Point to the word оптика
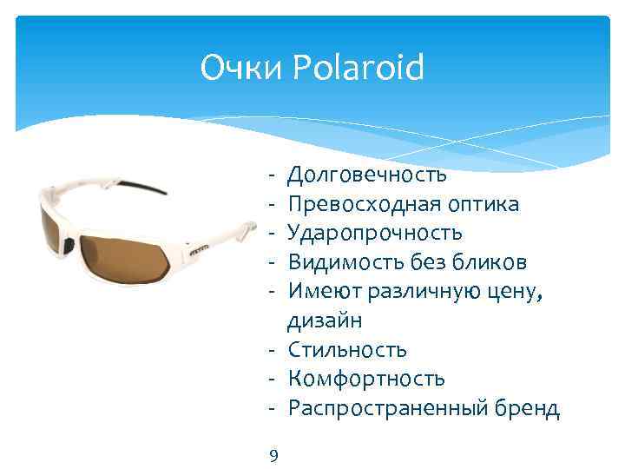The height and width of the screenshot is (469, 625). pos(481,204)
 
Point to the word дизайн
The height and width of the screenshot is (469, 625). pos(325,321)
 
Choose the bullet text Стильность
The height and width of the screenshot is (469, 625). pos(346,350)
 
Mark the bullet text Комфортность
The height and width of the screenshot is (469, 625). pos(366,379)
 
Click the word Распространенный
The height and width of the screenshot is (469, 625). pos(386,408)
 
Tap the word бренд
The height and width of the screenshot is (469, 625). pos(526,408)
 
